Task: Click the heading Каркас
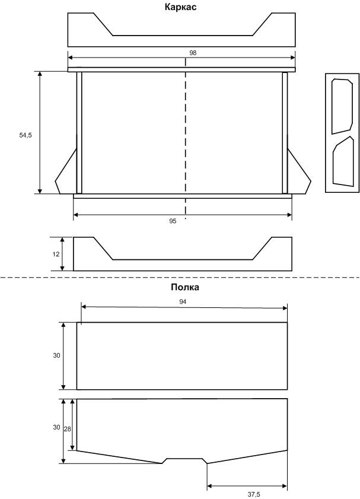[x=180, y=7]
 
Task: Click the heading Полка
[x=185, y=287]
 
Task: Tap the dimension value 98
[x=193, y=53]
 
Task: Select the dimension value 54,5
[x=26, y=135]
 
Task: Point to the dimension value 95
[x=173, y=221]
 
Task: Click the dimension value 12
[x=56, y=255]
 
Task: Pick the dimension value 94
[x=183, y=302]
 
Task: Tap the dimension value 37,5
[x=254, y=494]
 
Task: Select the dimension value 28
[x=68, y=429]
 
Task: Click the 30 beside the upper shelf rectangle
[x=56, y=355]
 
